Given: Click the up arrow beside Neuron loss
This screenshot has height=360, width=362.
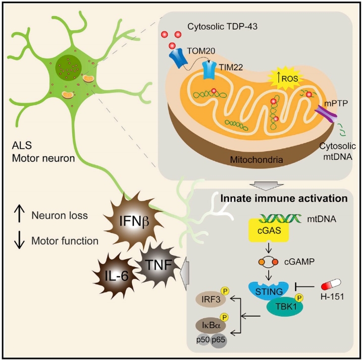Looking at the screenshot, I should pos(20,216).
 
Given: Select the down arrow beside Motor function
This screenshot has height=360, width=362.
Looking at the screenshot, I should pos(20,241).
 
